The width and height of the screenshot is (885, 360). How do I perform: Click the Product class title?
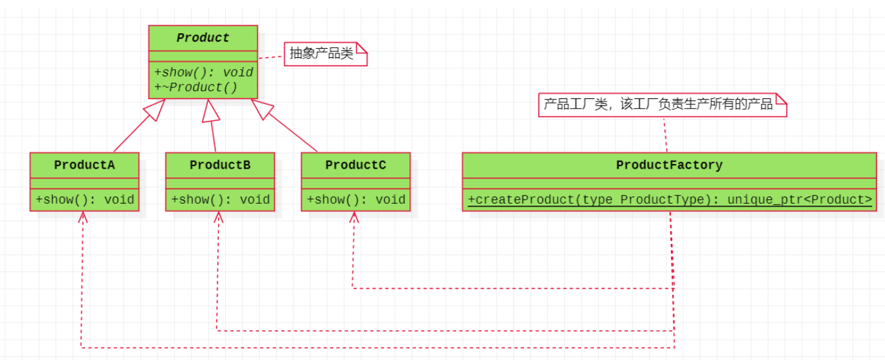click(x=202, y=38)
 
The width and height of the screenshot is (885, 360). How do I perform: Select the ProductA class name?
click(x=84, y=165)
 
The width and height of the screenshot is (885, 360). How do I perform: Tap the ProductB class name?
click(x=220, y=165)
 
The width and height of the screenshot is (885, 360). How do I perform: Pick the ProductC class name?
click(x=355, y=165)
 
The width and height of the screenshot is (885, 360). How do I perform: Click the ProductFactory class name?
click(x=669, y=165)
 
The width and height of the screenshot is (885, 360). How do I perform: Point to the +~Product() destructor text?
click(x=196, y=87)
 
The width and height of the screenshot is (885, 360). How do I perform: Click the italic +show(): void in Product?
click(x=203, y=72)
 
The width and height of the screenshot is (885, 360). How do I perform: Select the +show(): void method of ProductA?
click(x=85, y=200)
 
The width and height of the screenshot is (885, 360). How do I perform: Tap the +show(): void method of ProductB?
click(x=221, y=200)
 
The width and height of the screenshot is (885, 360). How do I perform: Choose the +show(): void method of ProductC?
click(x=356, y=200)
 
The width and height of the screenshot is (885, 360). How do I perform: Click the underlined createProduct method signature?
click(x=670, y=200)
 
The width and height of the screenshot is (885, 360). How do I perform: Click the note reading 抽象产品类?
click(x=325, y=54)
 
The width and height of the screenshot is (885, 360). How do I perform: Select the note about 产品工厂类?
click(x=662, y=105)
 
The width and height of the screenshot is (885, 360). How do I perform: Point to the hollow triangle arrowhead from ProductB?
click(x=210, y=111)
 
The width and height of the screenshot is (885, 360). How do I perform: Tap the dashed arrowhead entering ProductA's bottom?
click(x=83, y=217)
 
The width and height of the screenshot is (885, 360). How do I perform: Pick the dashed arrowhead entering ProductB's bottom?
click(x=219, y=217)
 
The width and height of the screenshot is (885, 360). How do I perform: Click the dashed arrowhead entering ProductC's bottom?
click(x=354, y=217)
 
